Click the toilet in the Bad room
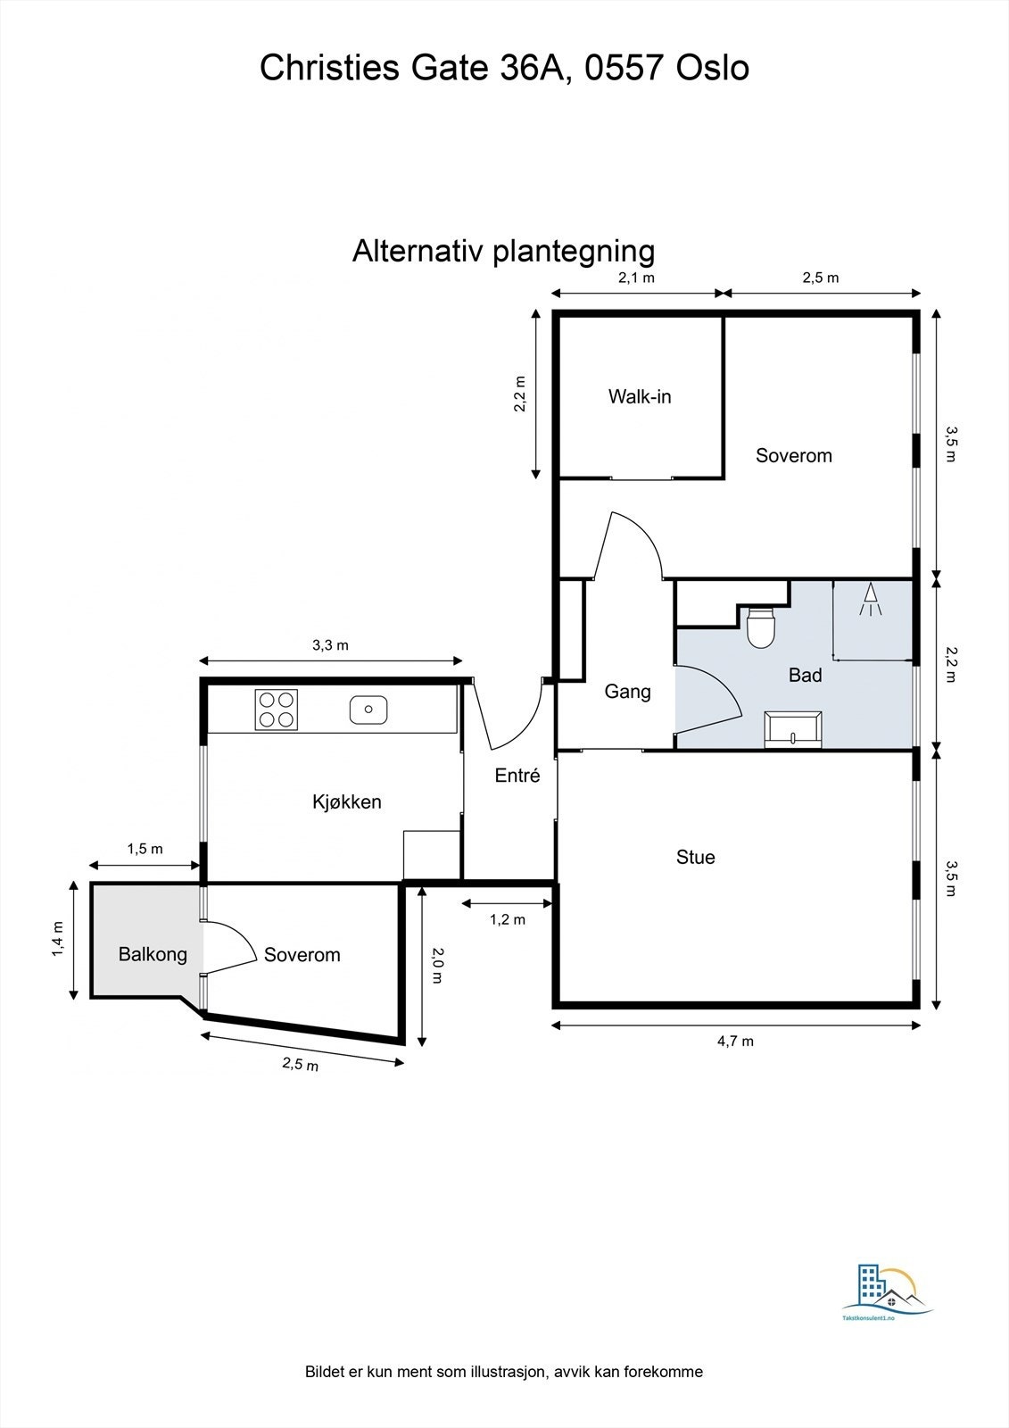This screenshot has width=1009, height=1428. [x=761, y=627]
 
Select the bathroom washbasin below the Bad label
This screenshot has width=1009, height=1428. [x=794, y=728]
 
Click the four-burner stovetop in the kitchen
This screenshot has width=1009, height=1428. [x=276, y=710]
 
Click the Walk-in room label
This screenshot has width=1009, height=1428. [x=640, y=396]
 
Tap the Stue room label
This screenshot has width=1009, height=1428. [x=695, y=858]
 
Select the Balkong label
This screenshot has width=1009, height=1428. [x=153, y=955]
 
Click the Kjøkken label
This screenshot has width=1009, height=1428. [x=346, y=801]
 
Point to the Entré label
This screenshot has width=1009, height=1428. [x=517, y=776]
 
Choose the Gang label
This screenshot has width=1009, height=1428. [x=627, y=692]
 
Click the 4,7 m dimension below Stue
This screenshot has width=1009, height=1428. [x=735, y=1041]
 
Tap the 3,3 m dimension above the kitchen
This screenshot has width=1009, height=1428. [x=330, y=645]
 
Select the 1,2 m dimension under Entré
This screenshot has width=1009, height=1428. [x=508, y=919]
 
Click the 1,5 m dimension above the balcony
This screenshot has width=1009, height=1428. [x=145, y=849]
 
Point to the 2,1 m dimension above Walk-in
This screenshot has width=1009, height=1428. [x=637, y=278]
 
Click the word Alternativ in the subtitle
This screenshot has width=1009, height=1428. [x=418, y=251]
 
